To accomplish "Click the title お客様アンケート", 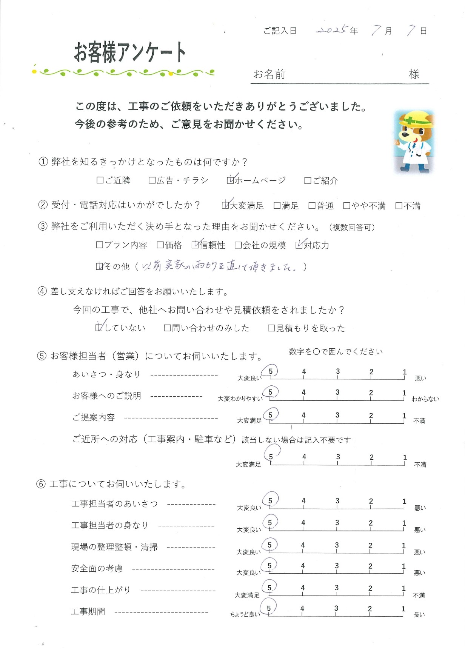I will pyautogui.click(x=129, y=52).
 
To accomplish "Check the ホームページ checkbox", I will pyautogui.click(x=230, y=181).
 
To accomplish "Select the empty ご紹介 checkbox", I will pyautogui.click(x=308, y=181).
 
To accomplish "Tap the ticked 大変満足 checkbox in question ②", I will pyautogui.click(x=225, y=206).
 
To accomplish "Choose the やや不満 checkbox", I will pyautogui.click(x=347, y=206).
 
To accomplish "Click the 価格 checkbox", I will pyautogui.click(x=160, y=245).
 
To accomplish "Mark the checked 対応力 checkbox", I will pyautogui.click(x=299, y=245).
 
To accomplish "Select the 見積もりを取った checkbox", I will pyautogui.click(x=271, y=328).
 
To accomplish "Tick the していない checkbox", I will pyautogui.click(x=99, y=328).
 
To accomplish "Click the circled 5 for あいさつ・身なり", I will pyautogui.click(x=271, y=371).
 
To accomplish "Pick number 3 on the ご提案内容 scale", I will pyautogui.click(x=337, y=415).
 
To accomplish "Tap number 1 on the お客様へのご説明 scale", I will pyautogui.click(x=404, y=393).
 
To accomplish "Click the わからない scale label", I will pyautogui.click(x=425, y=399).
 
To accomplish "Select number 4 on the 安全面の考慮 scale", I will pyautogui.click(x=303, y=566).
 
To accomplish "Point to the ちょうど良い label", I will pyautogui.click(x=245, y=615).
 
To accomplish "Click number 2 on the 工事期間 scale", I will pyautogui.click(x=370, y=609).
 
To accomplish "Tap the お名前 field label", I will pyautogui.click(x=269, y=74).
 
